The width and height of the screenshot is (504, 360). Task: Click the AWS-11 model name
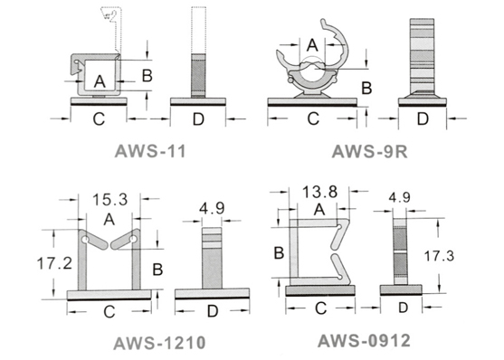(x=150, y=151)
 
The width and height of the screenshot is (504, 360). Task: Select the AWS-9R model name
(x=370, y=151)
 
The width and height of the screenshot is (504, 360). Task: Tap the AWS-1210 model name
(x=159, y=343)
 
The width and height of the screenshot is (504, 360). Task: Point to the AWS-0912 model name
(x=364, y=341)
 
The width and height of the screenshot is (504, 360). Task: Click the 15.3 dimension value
(x=109, y=200)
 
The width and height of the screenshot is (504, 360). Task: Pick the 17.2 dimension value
(x=54, y=263)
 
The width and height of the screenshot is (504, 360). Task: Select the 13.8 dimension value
(x=319, y=193)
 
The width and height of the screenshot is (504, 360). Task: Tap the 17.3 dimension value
(x=439, y=256)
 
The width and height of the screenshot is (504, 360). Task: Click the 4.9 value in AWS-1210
(x=212, y=209)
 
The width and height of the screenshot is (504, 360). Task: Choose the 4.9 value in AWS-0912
(x=400, y=198)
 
